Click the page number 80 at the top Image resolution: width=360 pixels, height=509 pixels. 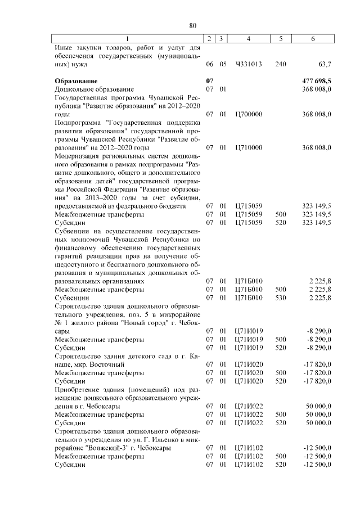(192, 25)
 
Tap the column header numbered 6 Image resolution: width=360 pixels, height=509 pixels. (313, 38)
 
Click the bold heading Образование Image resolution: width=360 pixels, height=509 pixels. (76, 81)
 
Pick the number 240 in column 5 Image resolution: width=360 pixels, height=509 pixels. (280, 64)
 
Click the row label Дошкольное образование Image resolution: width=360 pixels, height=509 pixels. (94, 89)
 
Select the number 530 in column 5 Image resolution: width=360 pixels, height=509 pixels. (280, 297)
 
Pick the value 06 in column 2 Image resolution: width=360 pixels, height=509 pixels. (210, 64)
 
